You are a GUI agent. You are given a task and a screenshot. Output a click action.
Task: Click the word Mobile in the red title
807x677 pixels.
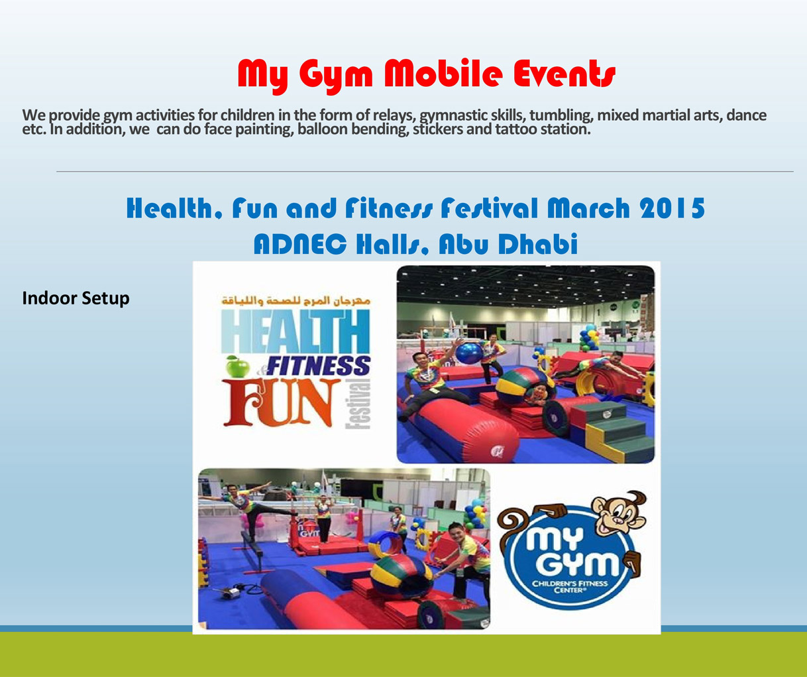click(x=443, y=74)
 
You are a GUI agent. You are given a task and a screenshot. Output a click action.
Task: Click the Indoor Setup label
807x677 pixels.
click(x=76, y=298)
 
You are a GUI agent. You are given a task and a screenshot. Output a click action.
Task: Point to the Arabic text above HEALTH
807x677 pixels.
click(x=296, y=300)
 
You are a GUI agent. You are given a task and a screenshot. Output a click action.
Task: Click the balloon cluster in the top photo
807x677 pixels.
click(x=589, y=338)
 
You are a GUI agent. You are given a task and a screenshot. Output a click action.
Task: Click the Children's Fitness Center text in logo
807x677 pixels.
click(x=570, y=587)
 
